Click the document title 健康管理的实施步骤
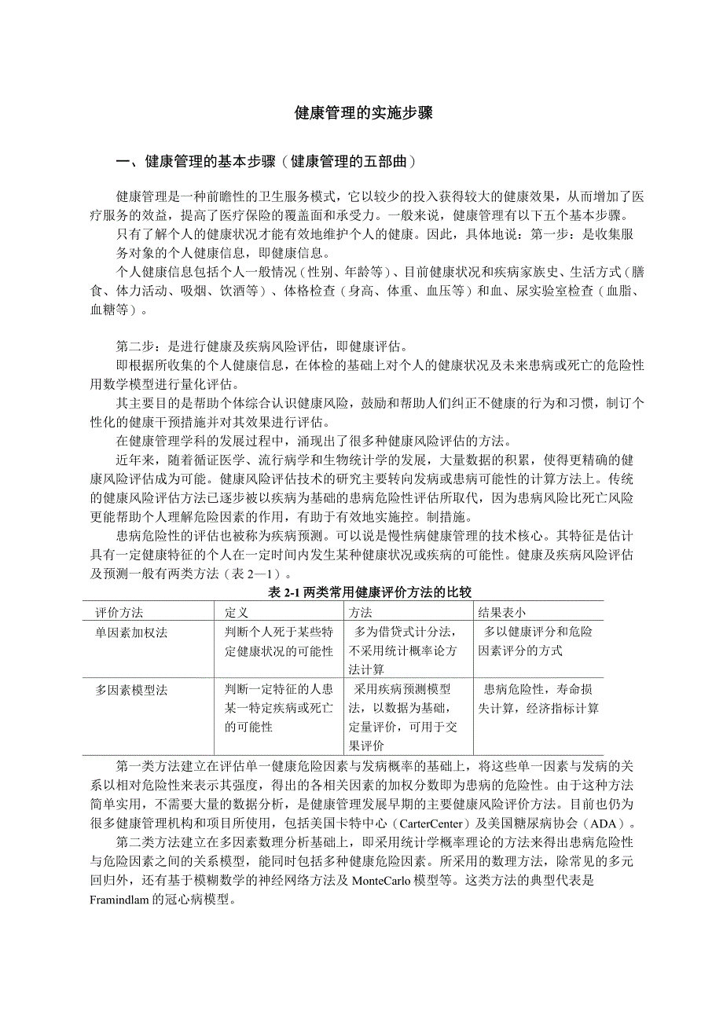click(364, 113)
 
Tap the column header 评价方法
click(119, 612)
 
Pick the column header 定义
click(237, 612)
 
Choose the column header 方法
click(361, 612)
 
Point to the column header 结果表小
click(502, 612)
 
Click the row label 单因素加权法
click(131, 632)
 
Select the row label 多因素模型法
click(131, 690)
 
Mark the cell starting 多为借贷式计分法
click(409, 651)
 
